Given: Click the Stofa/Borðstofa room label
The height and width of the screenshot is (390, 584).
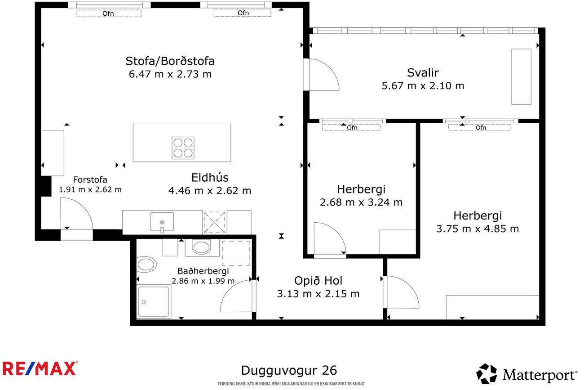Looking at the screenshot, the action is [170, 61].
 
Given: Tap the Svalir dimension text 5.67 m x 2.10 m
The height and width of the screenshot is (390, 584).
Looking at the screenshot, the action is [423, 85].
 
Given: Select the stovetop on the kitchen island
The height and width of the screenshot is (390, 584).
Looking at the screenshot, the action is [183, 148].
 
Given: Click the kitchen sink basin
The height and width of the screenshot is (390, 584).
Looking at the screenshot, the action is [162, 222].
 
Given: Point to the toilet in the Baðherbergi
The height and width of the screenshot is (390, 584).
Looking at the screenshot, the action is [146, 264].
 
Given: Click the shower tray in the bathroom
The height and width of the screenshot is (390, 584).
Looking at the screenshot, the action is [154, 301].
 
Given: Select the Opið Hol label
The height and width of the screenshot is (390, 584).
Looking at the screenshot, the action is [318, 281].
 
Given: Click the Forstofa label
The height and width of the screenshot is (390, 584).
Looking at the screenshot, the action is [90, 179].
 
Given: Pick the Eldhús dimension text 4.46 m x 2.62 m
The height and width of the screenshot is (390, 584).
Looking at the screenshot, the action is [210, 191].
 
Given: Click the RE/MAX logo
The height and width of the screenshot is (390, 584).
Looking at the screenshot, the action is [40, 368].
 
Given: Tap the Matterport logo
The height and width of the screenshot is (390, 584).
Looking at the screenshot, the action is [526, 374].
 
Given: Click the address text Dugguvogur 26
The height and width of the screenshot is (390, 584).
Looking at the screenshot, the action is [289, 370].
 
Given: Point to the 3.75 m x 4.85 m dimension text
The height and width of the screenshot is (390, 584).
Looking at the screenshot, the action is [478, 229].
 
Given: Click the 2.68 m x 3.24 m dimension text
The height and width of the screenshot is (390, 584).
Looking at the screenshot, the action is [361, 202].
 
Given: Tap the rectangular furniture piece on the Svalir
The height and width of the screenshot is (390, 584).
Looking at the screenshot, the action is [521, 77].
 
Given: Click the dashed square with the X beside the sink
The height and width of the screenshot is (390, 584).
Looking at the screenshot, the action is [214, 222].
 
